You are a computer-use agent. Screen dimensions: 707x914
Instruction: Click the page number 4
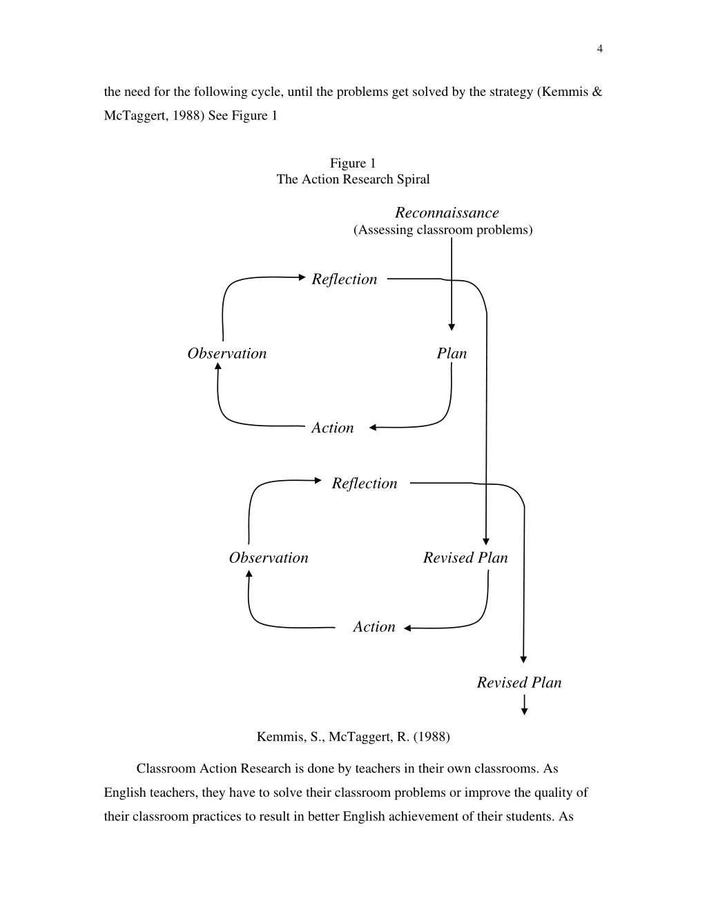[x=600, y=49]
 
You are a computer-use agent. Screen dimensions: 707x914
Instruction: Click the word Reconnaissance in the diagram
[x=447, y=212]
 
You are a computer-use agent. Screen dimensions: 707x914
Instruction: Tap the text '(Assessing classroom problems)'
[x=443, y=230]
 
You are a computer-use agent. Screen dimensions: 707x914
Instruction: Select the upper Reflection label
[x=345, y=279]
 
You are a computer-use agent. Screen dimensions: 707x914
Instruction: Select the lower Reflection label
[x=365, y=484]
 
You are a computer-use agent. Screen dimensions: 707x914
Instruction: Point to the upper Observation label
[x=227, y=353]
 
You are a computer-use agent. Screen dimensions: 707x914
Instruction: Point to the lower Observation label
[x=269, y=558]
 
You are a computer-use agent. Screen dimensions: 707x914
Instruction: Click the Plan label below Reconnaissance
[x=452, y=353]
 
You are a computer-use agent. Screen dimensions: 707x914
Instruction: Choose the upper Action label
[x=333, y=428]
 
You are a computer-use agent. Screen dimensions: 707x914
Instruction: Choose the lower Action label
[x=374, y=627]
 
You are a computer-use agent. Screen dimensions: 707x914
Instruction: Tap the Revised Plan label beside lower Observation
[x=465, y=558]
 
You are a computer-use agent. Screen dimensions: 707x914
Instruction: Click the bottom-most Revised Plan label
[x=519, y=683]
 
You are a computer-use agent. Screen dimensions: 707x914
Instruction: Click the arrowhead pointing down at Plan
[x=452, y=327]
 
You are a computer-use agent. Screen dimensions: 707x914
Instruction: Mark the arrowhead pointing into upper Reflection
[x=302, y=277]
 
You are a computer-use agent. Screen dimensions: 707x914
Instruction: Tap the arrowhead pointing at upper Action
[x=373, y=428]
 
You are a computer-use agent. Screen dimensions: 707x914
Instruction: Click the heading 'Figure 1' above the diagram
[x=353, y=163]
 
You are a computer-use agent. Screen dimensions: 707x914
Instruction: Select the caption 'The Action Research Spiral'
[x=353, y=179]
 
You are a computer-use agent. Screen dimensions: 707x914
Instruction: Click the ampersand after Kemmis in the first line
[x=597, y=92]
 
